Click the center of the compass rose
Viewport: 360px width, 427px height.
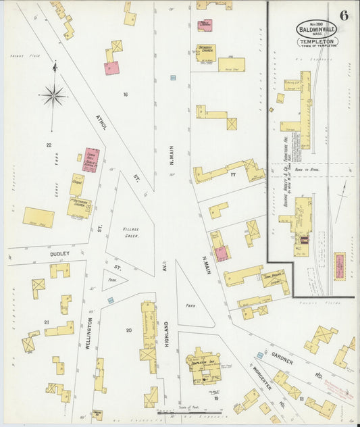point(53,95)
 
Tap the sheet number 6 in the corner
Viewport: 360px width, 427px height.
point(344,16)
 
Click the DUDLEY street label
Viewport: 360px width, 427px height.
point(59,255)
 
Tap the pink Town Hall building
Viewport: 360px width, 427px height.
point(91,160)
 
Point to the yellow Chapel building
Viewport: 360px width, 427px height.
point(78,184)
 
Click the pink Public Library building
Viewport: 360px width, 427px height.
point(204,25)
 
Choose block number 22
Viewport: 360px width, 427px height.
point(49,145)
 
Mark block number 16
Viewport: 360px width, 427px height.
point(125,94)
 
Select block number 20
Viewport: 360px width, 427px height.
point(128,330)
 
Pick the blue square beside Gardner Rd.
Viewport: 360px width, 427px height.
point(259,355)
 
